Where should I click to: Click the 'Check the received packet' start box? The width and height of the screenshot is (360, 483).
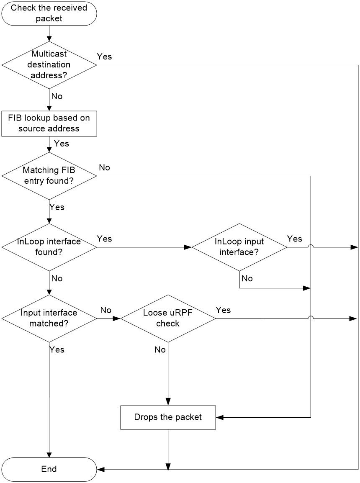tap(49, 13)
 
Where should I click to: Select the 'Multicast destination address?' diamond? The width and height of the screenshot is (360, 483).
tap(49, 65)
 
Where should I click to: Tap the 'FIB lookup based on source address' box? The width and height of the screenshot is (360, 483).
tap(49, 124)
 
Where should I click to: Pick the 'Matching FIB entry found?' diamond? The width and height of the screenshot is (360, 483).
tap(49, 176)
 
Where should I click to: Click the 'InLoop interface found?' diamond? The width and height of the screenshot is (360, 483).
tap(49, 247)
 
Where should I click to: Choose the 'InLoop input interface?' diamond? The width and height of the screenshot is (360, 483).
tap(239, 247)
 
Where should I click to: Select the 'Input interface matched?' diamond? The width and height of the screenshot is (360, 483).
tap(49, 319)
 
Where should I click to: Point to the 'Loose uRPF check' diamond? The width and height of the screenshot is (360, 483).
tap(168, 319)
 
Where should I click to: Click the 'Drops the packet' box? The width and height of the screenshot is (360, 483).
tap(168, 417)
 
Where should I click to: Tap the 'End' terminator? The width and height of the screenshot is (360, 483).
tap(49, 470)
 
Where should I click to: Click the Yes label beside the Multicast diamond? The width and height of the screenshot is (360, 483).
tap(104, 57)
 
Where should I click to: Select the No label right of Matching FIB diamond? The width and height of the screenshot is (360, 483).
tap(104, 167)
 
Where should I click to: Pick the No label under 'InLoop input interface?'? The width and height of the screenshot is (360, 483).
tap(247, 278)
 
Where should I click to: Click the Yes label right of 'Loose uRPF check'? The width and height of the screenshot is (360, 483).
tap(223, 310)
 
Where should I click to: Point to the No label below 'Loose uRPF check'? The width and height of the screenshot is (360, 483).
tap(160, 349)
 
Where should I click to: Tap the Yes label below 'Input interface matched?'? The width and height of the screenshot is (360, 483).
tap(57, 349)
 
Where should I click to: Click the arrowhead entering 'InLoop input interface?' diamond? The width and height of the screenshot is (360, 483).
tap(188, 247)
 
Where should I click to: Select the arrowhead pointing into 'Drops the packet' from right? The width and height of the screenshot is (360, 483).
tap(220, 417)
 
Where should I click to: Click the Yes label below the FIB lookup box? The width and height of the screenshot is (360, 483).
tap(62, 144)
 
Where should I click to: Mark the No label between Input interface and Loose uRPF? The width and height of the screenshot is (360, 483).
tap(105, 310)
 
